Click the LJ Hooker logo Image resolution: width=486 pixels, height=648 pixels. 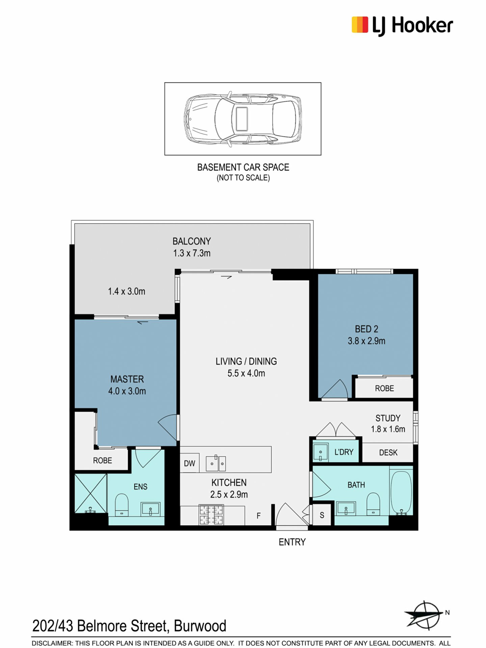pyautogui.click(x=402, y=26)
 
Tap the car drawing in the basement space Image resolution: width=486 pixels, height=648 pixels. pyautogui.click(x=242, y=119)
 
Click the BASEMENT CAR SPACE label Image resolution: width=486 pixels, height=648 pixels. pyautogui.click(x=243, y=167)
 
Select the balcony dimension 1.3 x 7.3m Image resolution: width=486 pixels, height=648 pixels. pyautogui.click(x=192, y=253)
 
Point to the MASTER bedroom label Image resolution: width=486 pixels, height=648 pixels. pyautogui.click(x=127, y=379)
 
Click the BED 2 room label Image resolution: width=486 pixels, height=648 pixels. pyautogui.click(x=367, y=329)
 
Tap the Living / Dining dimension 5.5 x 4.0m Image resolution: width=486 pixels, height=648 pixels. pyautogui.click(x=246, y=373)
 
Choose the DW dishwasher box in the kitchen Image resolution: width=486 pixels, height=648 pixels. pyautogui.click(x=190, y=463)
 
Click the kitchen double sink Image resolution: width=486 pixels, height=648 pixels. pyautogui.click(x=216, y=463)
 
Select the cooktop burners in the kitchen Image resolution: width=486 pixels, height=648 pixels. pyautogui.click(x=211, y=514)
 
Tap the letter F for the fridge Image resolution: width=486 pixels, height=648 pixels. pyautogui.click(x=259, y=516)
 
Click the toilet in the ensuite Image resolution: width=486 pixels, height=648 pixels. pyautogui.click(x=121, y=505)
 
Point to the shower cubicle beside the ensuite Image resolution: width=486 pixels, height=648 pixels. pyautogui.click(x=91, y=494)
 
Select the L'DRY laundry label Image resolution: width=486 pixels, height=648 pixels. pyautogui.click(x=344, y=452)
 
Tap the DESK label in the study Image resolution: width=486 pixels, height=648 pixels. pyautogui.click(x=388, y=453)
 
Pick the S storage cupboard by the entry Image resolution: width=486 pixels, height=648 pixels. pyautogui.click(x=322, y=515)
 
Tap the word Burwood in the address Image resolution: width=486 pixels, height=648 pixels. pyautogui.click(x=200, y=626)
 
